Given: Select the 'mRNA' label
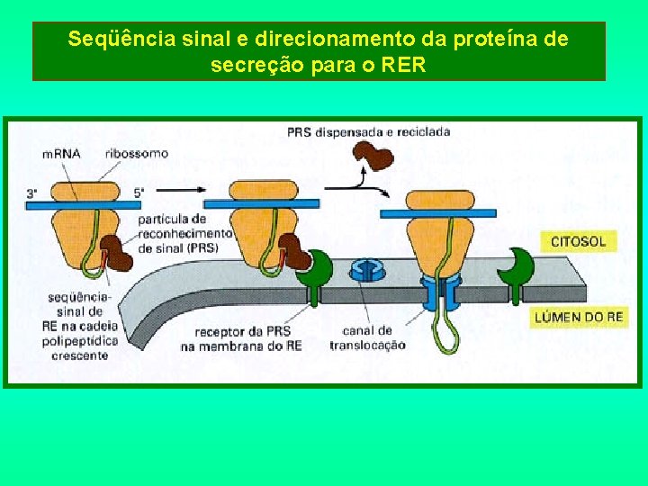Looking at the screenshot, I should [x=61, y=153].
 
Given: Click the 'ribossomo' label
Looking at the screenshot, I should [x=136, y=153].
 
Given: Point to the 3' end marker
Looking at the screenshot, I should [x=32, y=193].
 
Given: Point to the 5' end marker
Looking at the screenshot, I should [x=139, y=193].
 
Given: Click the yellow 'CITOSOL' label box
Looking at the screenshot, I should [x=578, y=241].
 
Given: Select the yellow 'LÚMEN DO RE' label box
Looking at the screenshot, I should [x=579, y=317].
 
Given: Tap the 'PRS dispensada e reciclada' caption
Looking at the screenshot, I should [x=368, y=132].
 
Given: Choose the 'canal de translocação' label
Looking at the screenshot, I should [x=367, y=337].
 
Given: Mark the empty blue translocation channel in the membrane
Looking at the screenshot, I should [x=366, y=269].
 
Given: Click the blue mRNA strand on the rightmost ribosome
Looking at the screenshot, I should [x=438, y=213].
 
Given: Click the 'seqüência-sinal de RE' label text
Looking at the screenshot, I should [x=79, y=324].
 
